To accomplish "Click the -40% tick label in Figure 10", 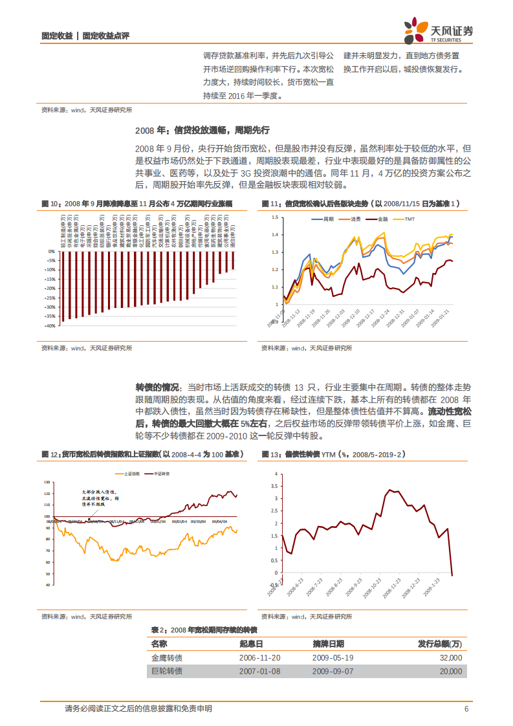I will coord(49,326).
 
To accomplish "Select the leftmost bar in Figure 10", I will coord(63,286).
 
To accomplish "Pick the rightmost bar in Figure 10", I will coord(233,260).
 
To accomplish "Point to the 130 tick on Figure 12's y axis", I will coord(46,483).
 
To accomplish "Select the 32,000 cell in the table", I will coord(450,657).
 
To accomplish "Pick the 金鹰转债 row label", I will coord(167,657).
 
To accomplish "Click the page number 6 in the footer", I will coord(466,709).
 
